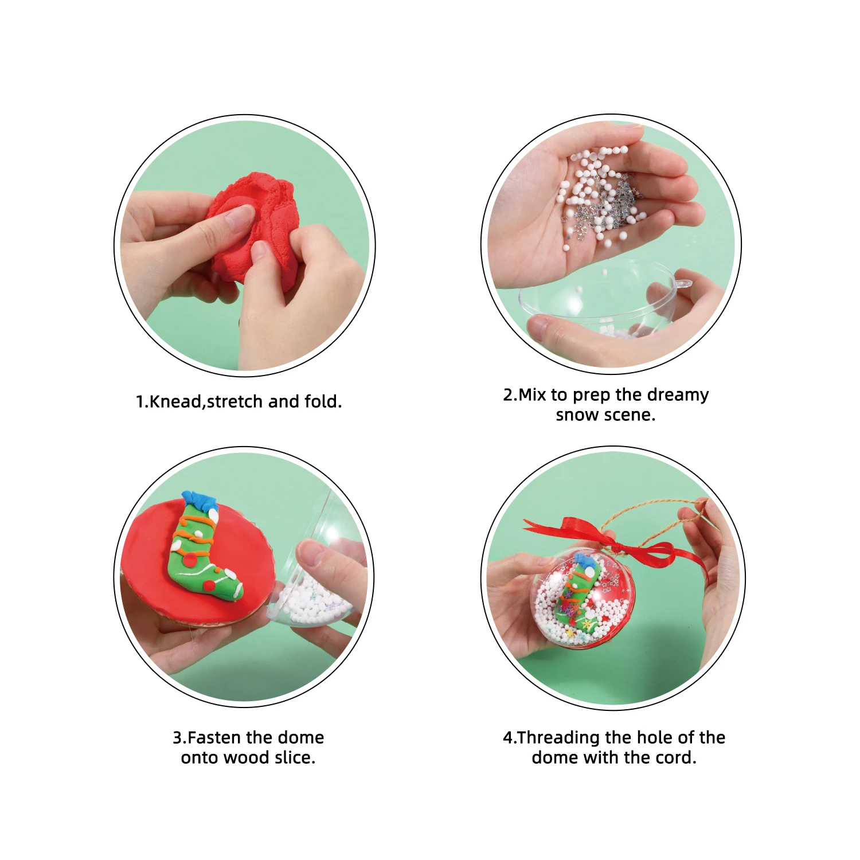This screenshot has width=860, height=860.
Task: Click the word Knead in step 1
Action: pyautogui.click(x=175, y=401)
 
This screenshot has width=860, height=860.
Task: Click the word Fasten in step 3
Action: pyautogui.click(x=215, y=737)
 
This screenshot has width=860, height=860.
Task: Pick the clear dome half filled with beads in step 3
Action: pyautogui.click(x=315, y=596)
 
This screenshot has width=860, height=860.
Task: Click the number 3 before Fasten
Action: pyautogui.click(x=177, y=737)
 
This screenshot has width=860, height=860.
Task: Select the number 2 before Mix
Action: pyautogui.click(x=508, y=395)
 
